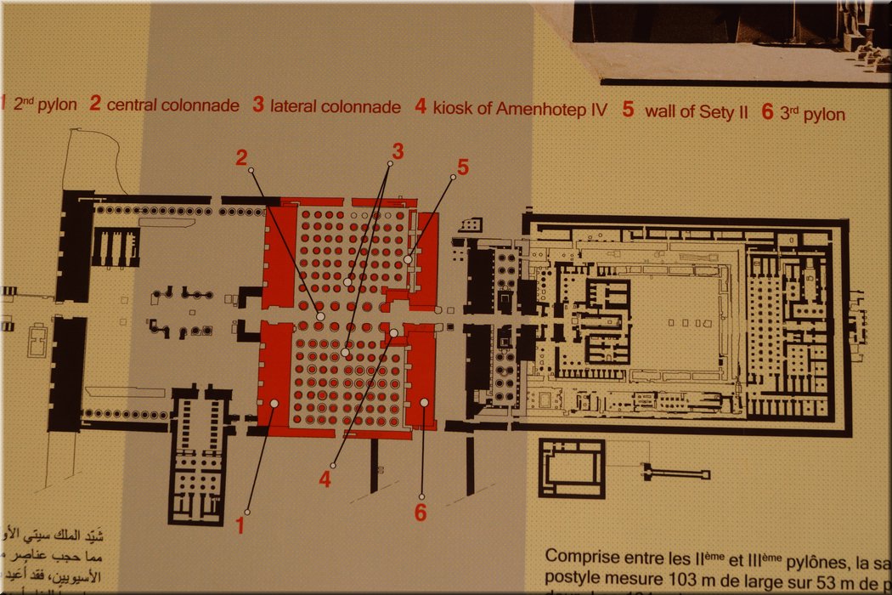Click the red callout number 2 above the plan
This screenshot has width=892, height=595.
(x=242, y=156)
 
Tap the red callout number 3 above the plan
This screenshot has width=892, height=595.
(x=397, y=150)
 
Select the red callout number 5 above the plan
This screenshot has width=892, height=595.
(x=462, y=167)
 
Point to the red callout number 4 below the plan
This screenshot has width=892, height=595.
(x=325, y=479)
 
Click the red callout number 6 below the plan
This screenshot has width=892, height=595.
(x=421, y=512)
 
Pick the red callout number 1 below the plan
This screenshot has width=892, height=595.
(x=240, y=525)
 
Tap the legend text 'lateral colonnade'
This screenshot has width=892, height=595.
(x=335, y=107)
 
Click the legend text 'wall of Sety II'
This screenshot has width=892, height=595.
(x=696, y=111)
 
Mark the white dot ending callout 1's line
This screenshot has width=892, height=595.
(x=274, y=404)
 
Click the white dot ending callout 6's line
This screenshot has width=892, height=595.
(x=424, y=401)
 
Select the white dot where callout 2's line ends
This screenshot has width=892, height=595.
(x=320, y=316)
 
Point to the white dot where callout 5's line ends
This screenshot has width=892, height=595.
(x=408, y=260)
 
